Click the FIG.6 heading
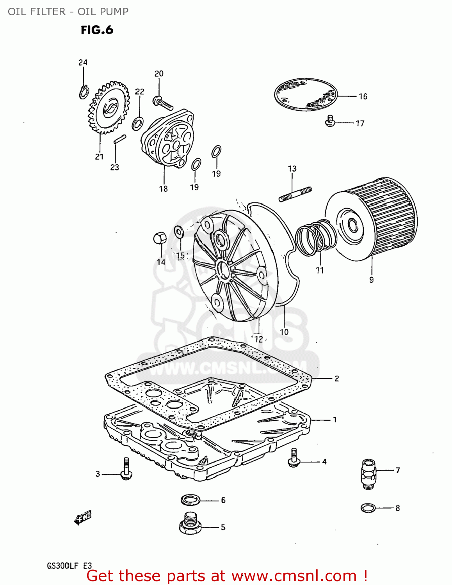(x=97, y=30)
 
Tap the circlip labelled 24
(x=83, y=92)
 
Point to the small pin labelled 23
(x=119, y=139)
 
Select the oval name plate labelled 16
(x=305, y=94)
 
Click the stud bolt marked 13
(x=295, y=194)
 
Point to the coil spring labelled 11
(x=315, y=238)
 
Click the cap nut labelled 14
(x=160, y=238)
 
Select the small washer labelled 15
(x=179, y=231)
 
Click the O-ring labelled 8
(x=368, y=508)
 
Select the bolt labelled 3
(x=126, y=469)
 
